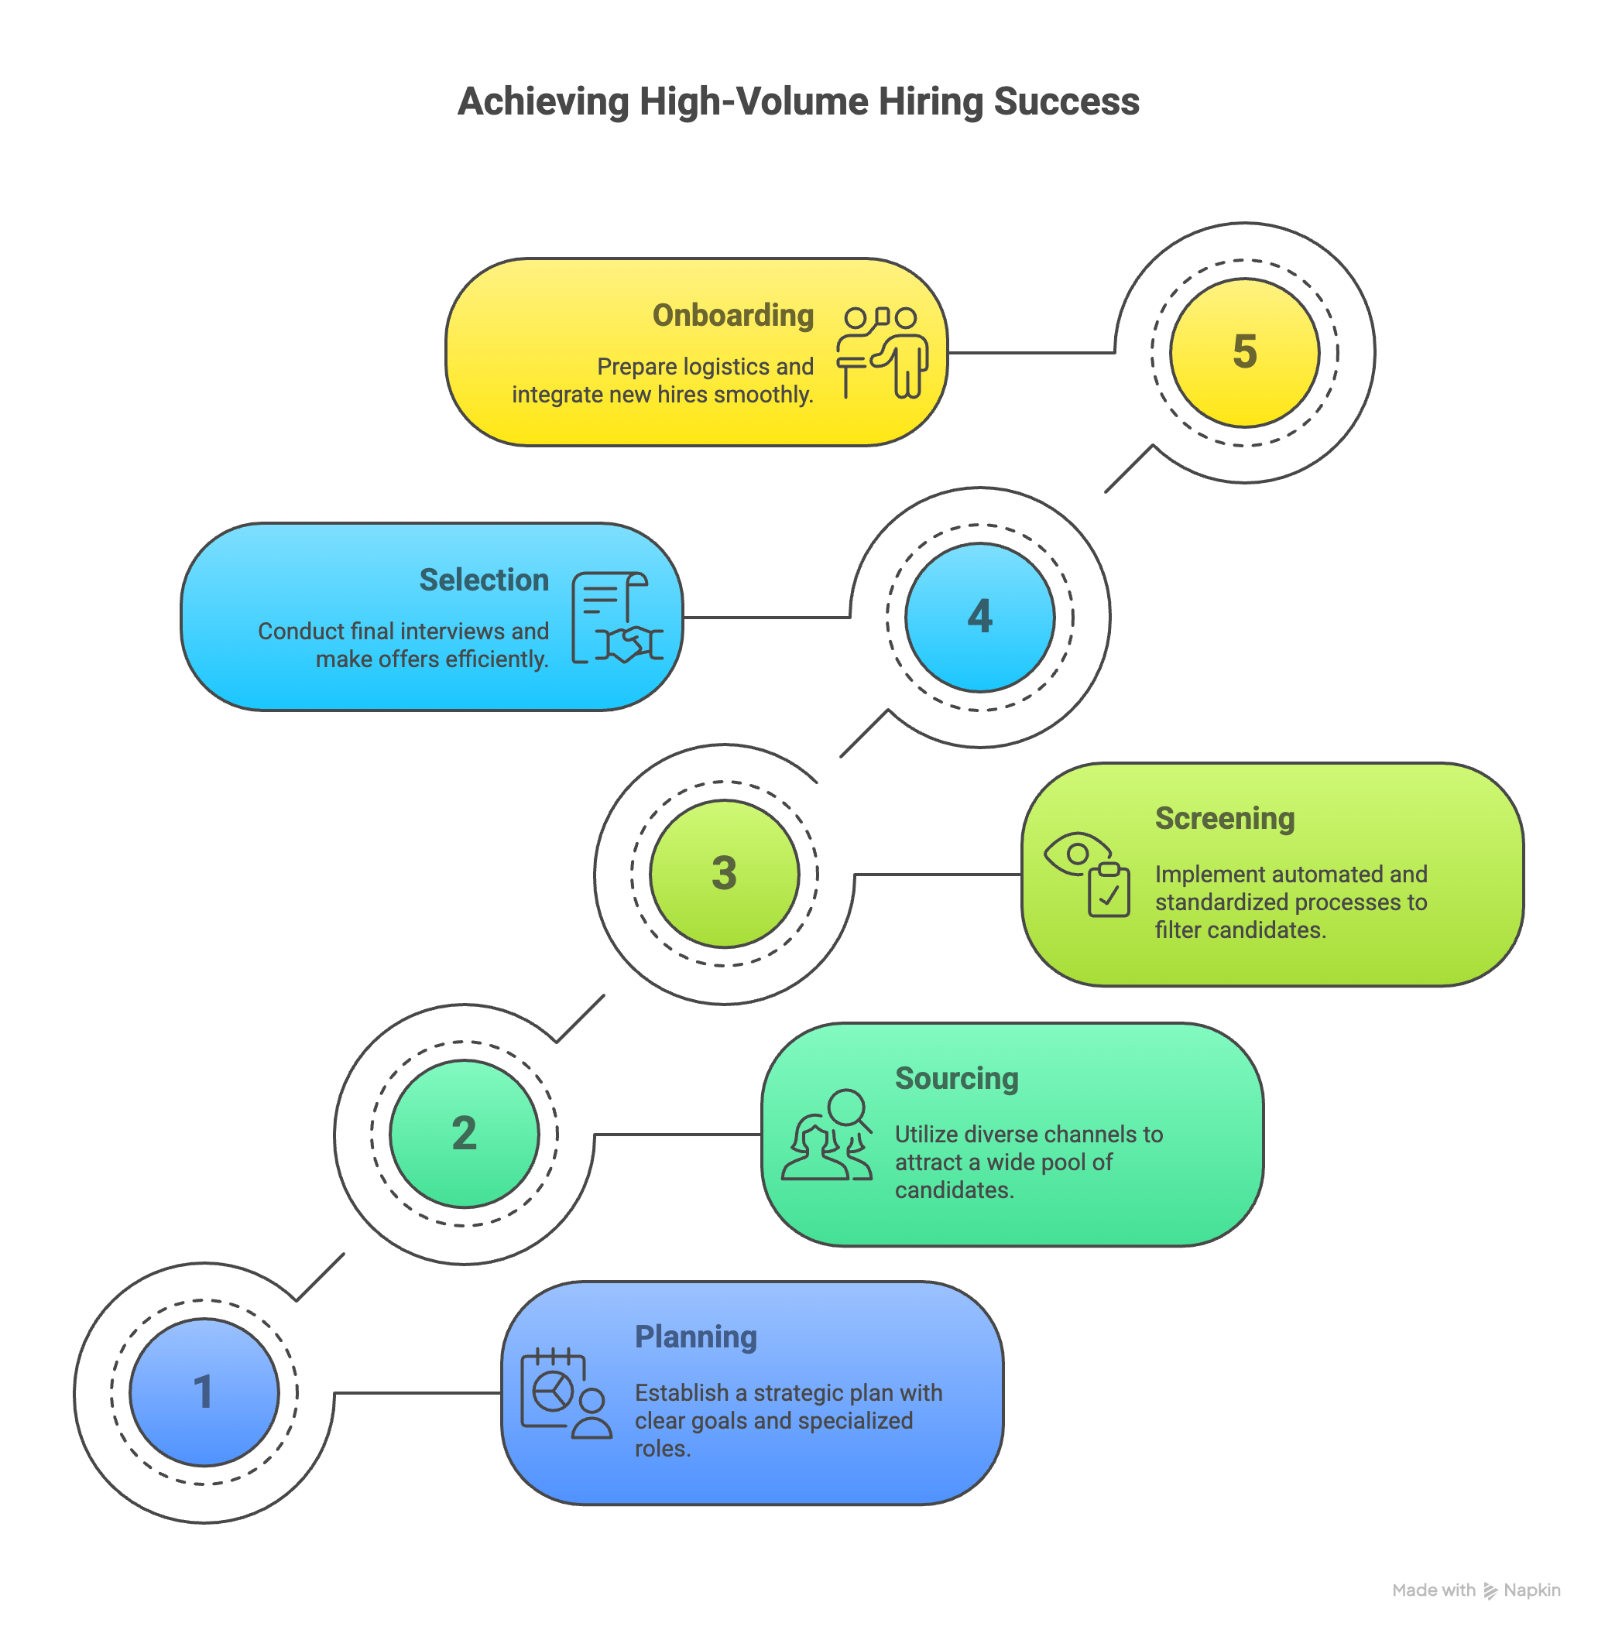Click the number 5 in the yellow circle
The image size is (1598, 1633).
pos(1244,351)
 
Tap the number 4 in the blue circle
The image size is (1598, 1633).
pos(979,617)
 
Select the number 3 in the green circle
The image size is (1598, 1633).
pos(723,874)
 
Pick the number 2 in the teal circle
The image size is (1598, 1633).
pos(464,1134)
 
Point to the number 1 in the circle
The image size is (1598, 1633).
pos(203,1392)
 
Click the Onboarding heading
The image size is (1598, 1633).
pos(732,316)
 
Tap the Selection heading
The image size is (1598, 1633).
pos(483,580)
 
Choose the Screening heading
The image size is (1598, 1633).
pos(1225,818)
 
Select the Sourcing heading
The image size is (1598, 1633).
pos(956,1078)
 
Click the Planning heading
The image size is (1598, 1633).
pos(695,1337)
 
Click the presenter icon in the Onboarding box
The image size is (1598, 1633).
pos(881,352)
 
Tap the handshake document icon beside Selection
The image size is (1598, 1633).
pos(617,618)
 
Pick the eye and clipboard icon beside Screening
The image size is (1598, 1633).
pos(1087,874)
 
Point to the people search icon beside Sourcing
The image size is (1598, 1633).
pos(827,1135)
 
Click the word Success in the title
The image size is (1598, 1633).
pos(1066,101)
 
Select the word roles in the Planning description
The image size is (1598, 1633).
pos(660,1448)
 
